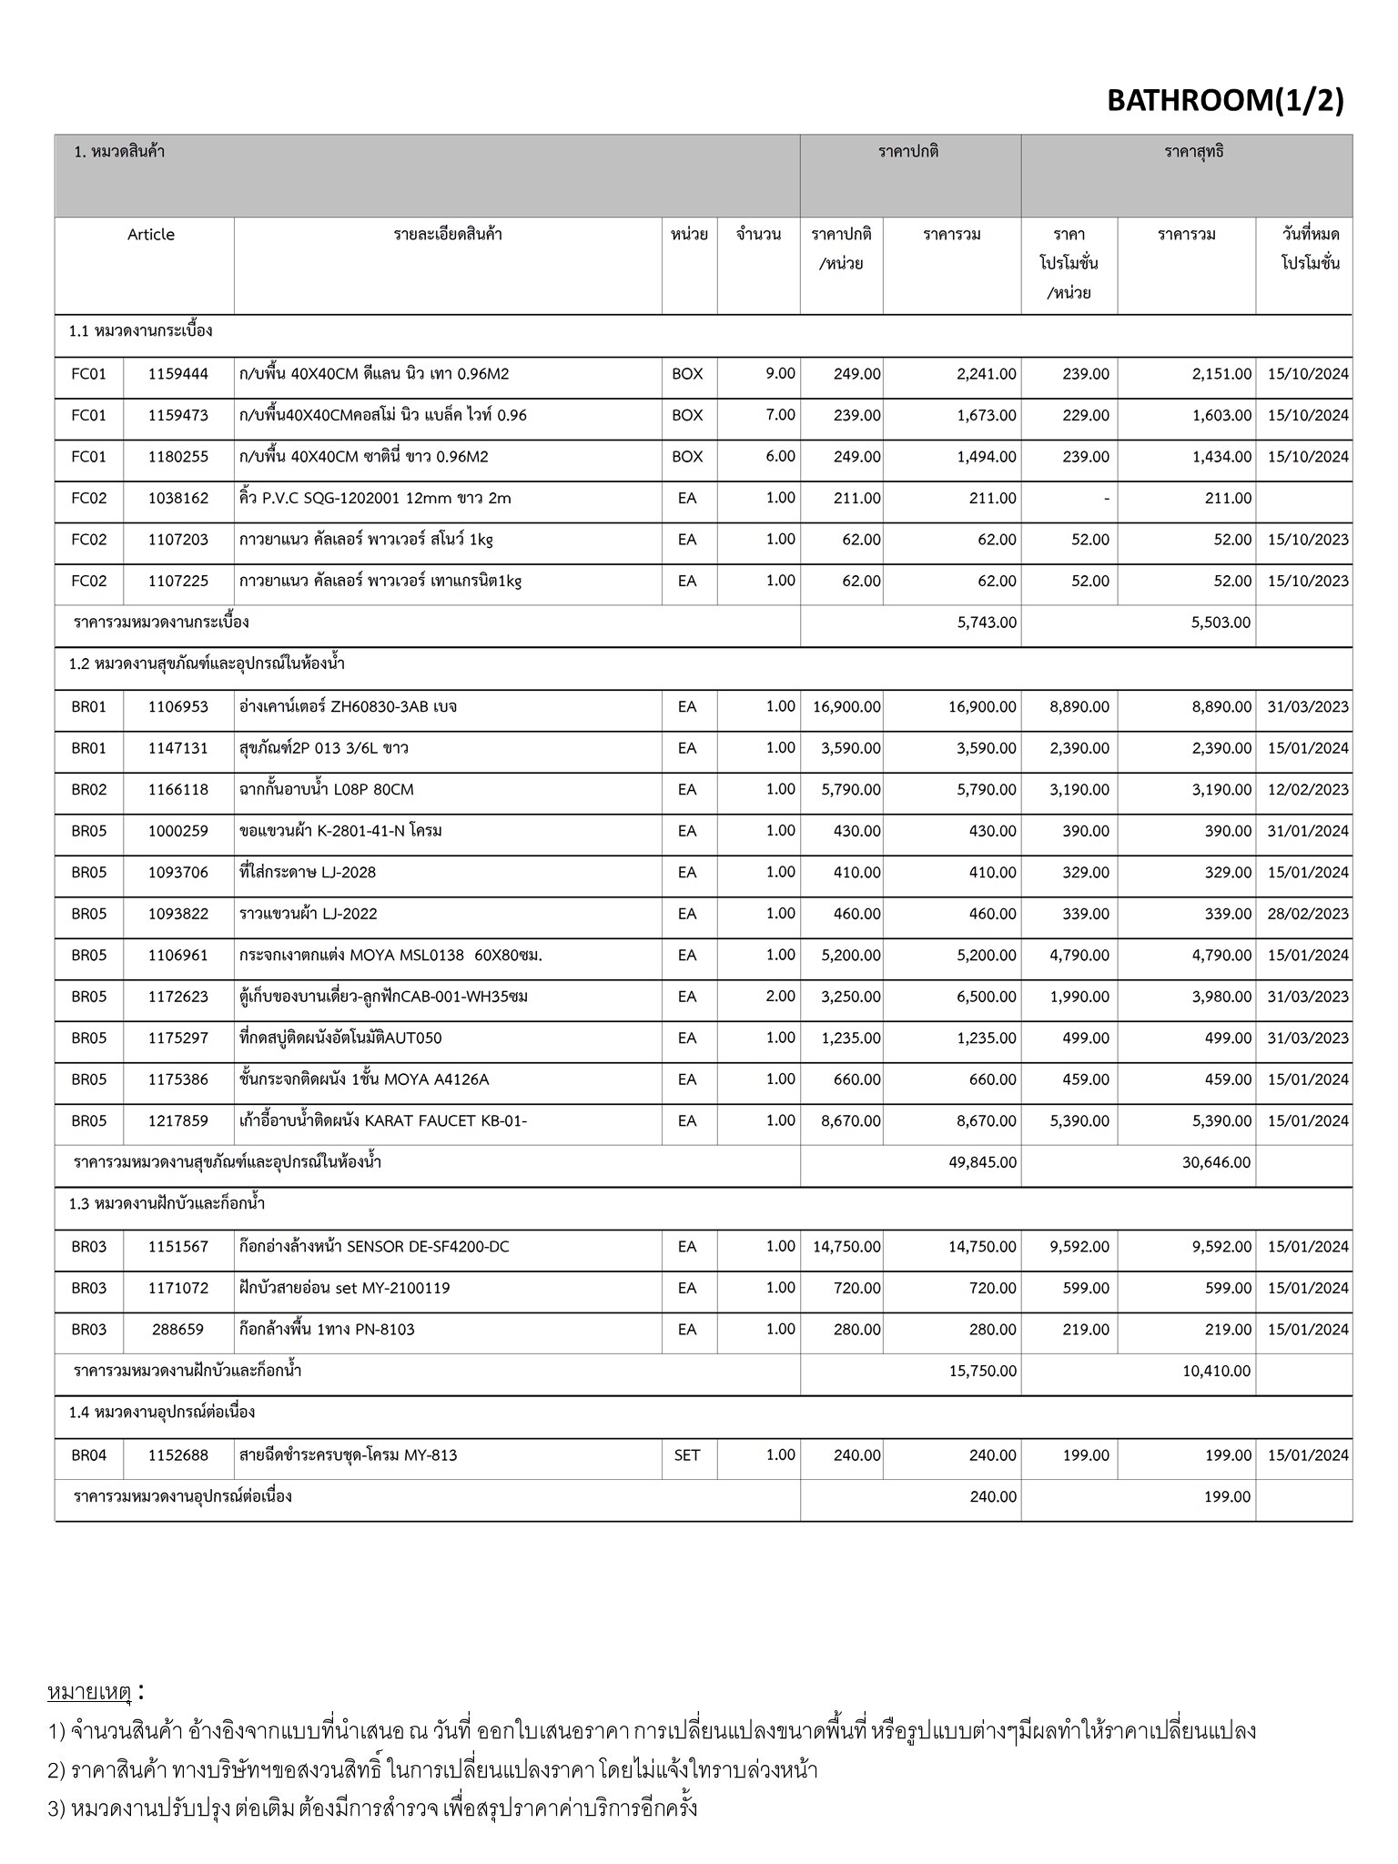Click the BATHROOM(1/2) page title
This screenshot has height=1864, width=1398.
coord(1224,100)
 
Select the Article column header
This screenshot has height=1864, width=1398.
coord(150,235)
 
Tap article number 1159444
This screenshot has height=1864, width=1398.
coord(178,374)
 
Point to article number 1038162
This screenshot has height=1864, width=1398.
coord(178,499)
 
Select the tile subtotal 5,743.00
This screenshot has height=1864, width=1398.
coord(987,623)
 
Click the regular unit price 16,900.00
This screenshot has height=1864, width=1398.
coord(841,707)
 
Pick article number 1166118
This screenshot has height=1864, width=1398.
coord(178,790)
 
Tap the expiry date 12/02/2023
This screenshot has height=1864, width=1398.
coord(1307,790)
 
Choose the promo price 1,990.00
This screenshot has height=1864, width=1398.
coord(1079,998)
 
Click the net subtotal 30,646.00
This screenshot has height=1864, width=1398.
coord(1216,1163)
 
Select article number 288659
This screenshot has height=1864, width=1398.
coord(178,1330)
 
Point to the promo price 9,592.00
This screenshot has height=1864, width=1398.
coord(1079,1247)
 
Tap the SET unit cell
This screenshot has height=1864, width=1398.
coord(687,1455)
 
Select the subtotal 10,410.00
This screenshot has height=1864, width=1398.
coord(1216,1372)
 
